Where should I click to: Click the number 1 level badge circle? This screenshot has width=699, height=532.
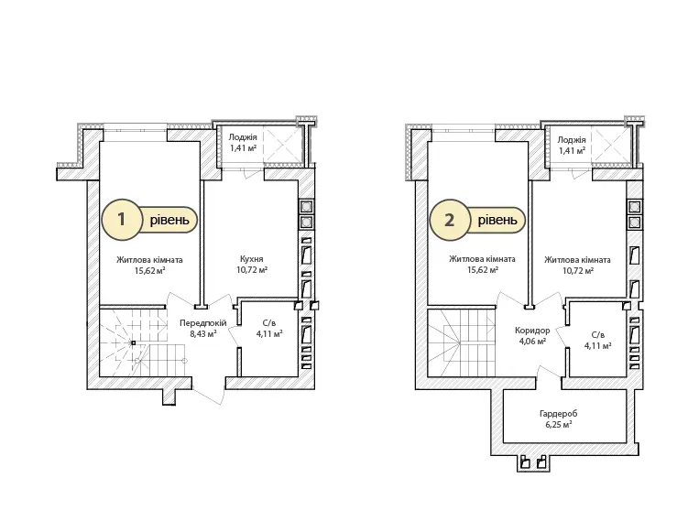pos(121,219)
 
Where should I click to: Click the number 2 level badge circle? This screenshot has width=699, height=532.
pos(449,220)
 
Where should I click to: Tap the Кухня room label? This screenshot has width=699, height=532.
pos(251,259)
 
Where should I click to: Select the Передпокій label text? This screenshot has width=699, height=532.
pos(202,323)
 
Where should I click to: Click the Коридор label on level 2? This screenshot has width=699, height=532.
pos(532,331)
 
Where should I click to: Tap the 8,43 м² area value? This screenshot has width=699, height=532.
pos(203,333)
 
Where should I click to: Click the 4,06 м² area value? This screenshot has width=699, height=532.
pos(532,342)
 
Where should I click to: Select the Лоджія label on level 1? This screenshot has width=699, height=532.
pos(243,137)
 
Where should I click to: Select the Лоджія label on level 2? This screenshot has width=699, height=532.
pos(572,139)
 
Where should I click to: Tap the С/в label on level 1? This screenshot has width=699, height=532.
pos(269,323)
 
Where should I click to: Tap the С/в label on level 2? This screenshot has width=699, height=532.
pos(598,334)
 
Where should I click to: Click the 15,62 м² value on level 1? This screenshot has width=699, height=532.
pos(150,270)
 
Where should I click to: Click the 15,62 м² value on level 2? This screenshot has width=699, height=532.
pos(483,270)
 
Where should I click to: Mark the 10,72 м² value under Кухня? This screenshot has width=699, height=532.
pos(252,269)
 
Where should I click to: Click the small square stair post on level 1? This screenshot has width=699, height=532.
pos(133,342)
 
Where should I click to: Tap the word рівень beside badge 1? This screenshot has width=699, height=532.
pos(169,220)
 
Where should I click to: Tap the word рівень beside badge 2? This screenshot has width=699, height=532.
pos(498,220)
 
